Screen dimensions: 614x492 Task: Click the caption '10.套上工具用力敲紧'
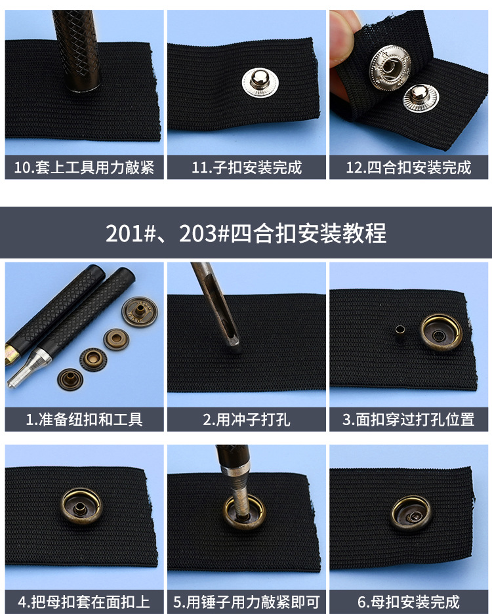pyautogui.click(x=83, y=167)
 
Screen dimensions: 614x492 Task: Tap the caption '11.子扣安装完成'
pyautogui.click(x=247, y=167)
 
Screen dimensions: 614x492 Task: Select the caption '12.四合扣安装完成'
pyautogui.click(x=409, y=167)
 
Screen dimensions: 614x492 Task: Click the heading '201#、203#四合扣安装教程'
pyautogui.click(x=246, y=233)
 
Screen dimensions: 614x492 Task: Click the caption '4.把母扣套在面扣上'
pyautogui.click(x=83, y=602)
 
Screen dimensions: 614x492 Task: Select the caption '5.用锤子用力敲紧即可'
pyautogui.click(x=247, y=602)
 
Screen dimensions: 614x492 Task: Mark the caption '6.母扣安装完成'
pyautogui.click(x=409, y=602)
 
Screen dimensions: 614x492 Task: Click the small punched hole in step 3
pyautogui.click(x=398, y=331)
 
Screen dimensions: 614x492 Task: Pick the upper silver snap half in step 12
pyautogui.click(x=392, y=66)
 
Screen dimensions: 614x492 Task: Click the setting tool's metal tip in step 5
pyautogui.click(x=243, y=505)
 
